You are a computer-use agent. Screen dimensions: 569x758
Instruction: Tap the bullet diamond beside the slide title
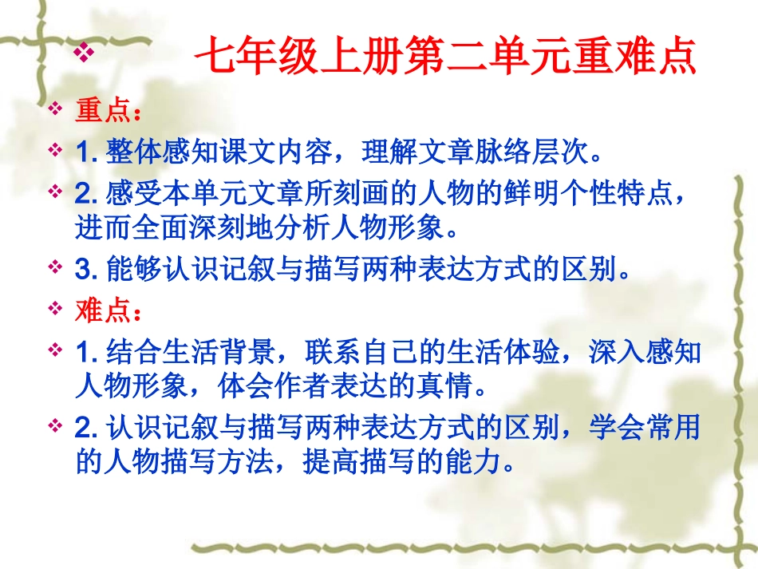pyautogui.click(x=84, y=53)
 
